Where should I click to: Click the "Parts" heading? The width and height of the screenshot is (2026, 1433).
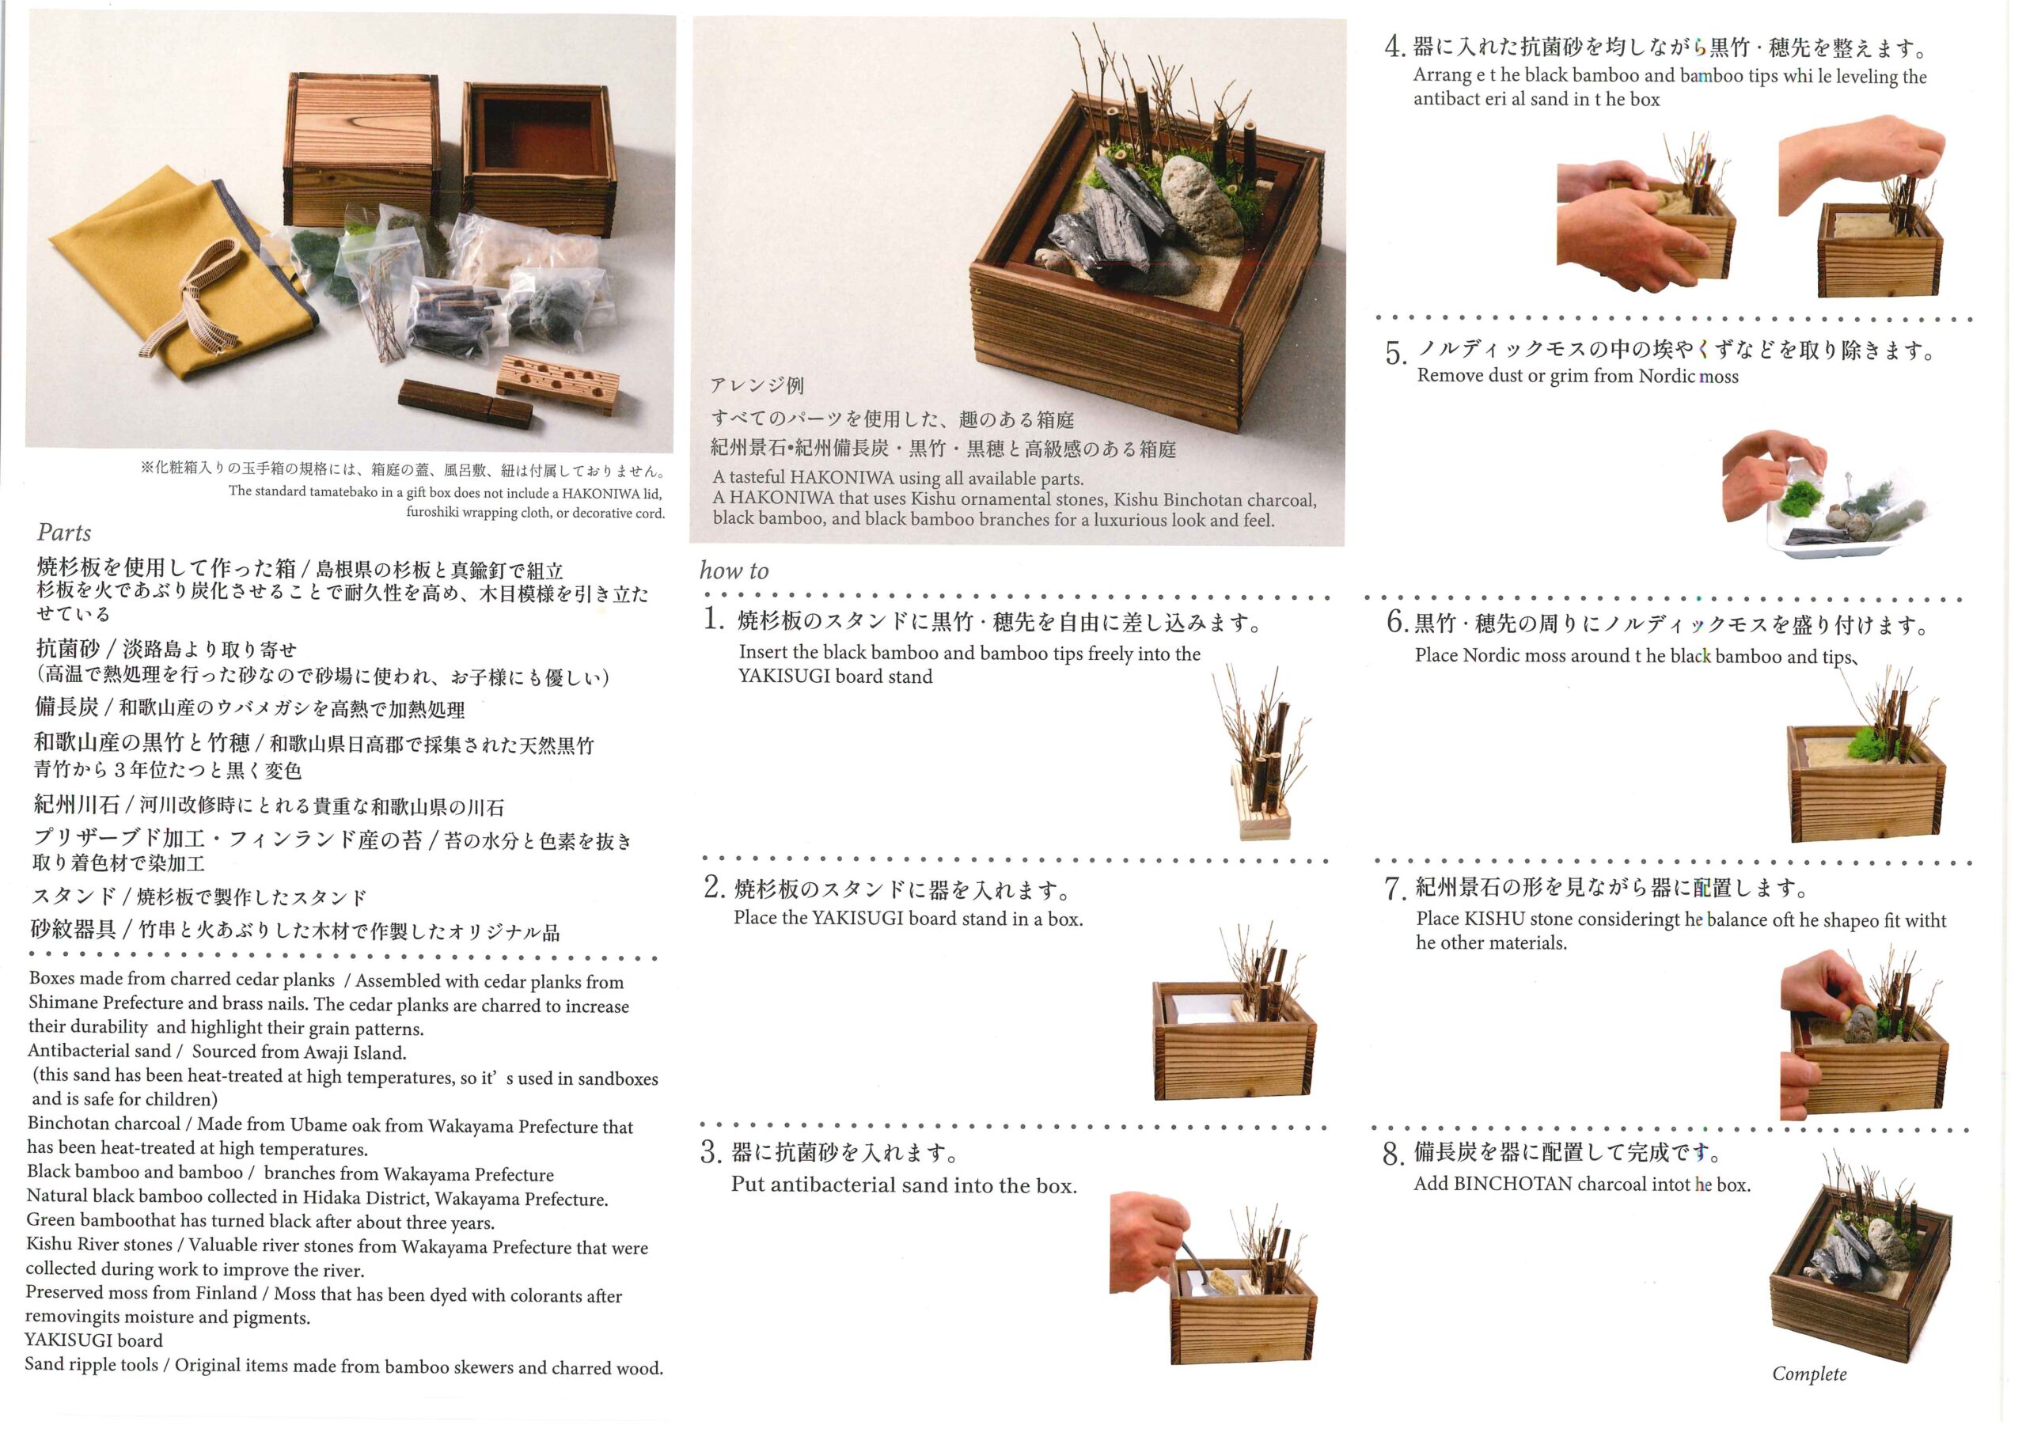click(63, 533)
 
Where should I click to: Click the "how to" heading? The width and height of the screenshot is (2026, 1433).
click(734, 571)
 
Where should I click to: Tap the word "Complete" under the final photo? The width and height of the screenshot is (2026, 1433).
click(1809, 1374)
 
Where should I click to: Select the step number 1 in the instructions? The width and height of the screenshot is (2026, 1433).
click(713, 620)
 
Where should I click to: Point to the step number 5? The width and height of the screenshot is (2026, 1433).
click(1395, 354)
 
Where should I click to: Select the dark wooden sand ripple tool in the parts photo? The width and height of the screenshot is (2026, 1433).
click(465, 404)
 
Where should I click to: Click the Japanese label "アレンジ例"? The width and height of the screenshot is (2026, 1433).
click(757, 385)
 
